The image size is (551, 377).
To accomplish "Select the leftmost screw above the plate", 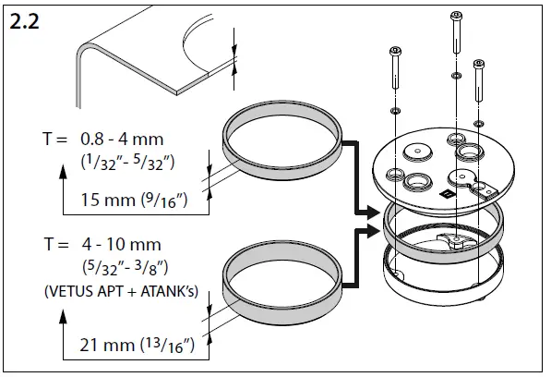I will tap(396, 67).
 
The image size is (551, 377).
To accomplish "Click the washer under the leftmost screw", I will tap(395, 111).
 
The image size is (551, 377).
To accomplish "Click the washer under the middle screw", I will tap(456, 76).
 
